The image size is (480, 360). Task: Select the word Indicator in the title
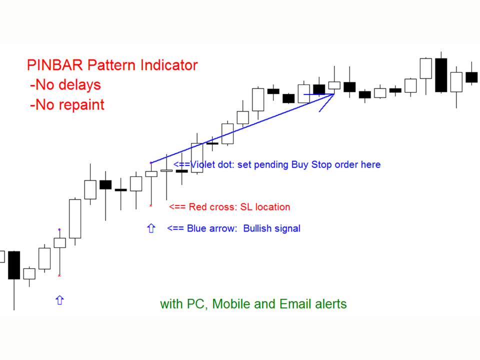click(169, 65)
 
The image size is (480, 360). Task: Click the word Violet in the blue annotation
click(202, 164)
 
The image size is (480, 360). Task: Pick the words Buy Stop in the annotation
click(300, 164)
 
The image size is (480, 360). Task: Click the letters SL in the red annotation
click(246, 207)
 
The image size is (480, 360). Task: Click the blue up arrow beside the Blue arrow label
click(151, 228)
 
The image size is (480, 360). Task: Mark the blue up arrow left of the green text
click(59, 300)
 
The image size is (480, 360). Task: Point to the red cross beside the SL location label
click(150, 205)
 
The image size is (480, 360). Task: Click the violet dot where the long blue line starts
click(151, 163)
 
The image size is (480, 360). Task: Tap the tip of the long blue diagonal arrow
click(334, 94)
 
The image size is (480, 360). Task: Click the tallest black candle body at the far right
click(441, 75)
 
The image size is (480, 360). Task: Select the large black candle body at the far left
click(14, 265)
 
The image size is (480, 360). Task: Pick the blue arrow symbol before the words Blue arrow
click(175, 228)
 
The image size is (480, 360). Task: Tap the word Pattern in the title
click(111, 65)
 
